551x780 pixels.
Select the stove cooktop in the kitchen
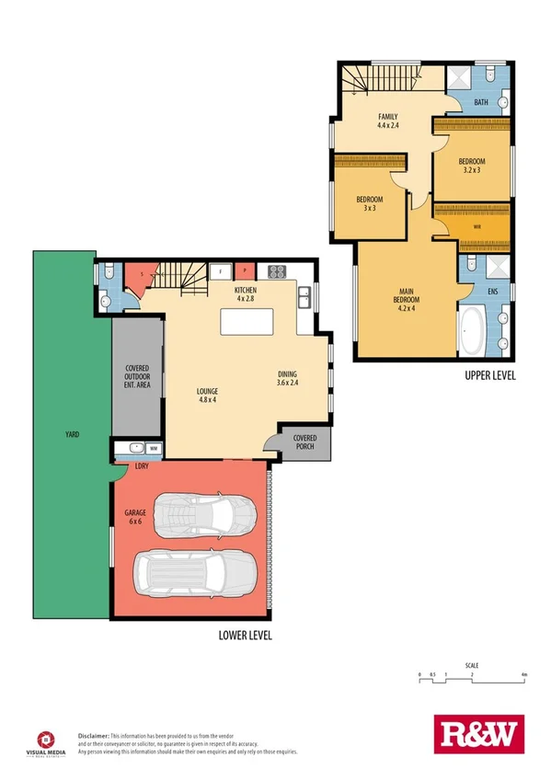[276, 271]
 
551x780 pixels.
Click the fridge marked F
[222, 271]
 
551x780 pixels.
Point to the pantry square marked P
[246, 271]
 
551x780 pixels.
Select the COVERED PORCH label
[304, 442]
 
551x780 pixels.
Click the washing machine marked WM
[153, 449]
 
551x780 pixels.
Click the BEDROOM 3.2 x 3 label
[471, 166]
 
